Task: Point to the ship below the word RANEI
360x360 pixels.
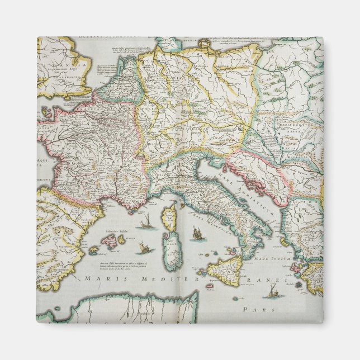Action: click(x=272, y=291)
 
